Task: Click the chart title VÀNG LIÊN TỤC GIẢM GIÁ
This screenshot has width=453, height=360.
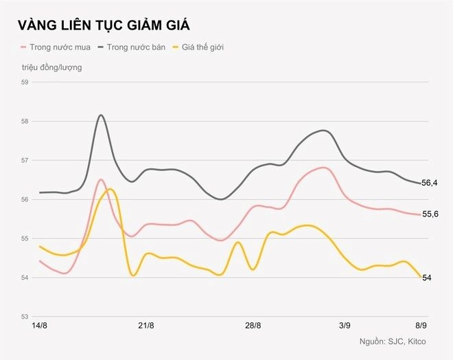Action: click(104, 25)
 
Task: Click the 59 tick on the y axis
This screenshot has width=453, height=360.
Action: click(25, 82)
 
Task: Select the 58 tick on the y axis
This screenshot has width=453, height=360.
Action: click(25, 122)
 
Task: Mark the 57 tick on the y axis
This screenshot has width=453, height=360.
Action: click(25, 161)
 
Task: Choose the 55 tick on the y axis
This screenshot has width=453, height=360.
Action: click(25, 238)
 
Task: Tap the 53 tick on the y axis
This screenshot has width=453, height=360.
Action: click(25, 317)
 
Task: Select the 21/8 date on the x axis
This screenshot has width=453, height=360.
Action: click(146, 326)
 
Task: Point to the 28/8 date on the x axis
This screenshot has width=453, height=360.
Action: click(253, 326)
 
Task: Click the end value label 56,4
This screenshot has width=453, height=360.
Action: click(431, 183)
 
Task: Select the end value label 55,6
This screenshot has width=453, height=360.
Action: click(431, 215)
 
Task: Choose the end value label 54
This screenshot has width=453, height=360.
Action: click(427, 278)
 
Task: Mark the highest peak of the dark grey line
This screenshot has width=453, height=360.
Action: click(101, 115)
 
